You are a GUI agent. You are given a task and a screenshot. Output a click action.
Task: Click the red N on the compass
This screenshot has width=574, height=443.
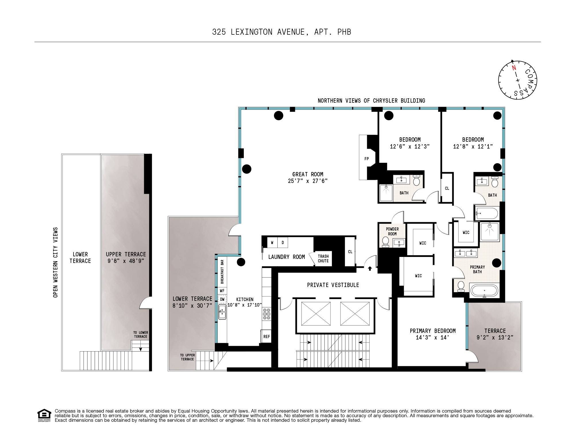pyautogui.click(x=514, y=68)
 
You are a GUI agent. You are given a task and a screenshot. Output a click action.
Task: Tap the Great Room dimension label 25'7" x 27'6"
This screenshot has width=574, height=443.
pyautogui.click(x=308, y=181)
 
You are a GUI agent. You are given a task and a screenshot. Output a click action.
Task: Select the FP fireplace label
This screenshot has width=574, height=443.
pyautogui.click(x=366, y=159)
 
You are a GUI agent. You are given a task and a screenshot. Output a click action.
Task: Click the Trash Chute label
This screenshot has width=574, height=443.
pyautogui.click(x=323, y=258)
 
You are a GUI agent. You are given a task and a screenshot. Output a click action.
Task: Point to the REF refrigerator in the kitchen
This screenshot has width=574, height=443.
pyautogui.click(x=266, y=336)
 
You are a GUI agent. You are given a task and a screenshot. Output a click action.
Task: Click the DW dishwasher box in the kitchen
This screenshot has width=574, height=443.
pyautogui.click(x=222, y=299)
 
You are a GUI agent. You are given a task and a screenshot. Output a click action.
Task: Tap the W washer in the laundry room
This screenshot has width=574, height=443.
pyautogui.click(x=272, y=243)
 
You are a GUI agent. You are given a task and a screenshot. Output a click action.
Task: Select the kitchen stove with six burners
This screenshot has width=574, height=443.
pyautogui.click(x=266, y=314)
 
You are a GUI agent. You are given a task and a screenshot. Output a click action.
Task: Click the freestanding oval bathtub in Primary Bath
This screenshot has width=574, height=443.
pyautogui.click(x=484, y=290)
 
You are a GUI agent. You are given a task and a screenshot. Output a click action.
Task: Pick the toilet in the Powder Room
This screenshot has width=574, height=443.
pyautogui.click(x=385, y=242)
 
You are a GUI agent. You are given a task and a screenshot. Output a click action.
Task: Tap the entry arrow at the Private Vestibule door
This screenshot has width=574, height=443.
pyautogui.click(x=370, y=269)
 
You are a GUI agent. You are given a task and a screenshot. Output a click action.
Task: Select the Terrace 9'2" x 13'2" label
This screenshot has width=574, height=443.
pyautogui.click(x=495, y=334)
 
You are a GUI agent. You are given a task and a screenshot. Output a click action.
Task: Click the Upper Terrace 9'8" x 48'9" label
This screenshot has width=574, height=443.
pyautogui.click(x=126, y=257)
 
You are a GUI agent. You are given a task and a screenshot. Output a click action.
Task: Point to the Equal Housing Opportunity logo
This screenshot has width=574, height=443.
pyautogui.click(x=44, y=415)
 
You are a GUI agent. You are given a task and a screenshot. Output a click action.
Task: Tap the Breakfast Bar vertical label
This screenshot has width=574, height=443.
pyautogui.click(x=222, y=272)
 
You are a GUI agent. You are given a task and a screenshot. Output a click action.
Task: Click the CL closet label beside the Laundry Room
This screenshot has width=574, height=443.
pyautogui.click(x=350, y=252)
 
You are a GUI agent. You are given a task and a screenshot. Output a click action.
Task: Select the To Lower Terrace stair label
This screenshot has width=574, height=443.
pyautogui.click(x=140, y=335)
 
